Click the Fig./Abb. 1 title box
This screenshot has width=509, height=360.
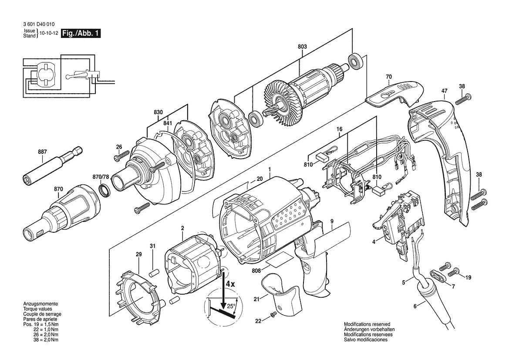[x=81, y=33]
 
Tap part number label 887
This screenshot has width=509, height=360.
[x=43, y=151]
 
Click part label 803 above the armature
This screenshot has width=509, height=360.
[x=302, y=47]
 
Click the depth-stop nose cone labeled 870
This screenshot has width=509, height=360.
[x=60, y=213]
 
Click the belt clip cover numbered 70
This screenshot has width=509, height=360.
[x=394, y=94]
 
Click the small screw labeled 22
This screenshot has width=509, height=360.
[x=273, y=314]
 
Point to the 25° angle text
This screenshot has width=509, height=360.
[x=230, y=306]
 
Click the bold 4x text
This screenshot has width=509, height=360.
[x=230, y=284]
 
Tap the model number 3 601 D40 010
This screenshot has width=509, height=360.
[x=39, y=24]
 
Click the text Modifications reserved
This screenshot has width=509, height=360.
[x=367, y=324]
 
